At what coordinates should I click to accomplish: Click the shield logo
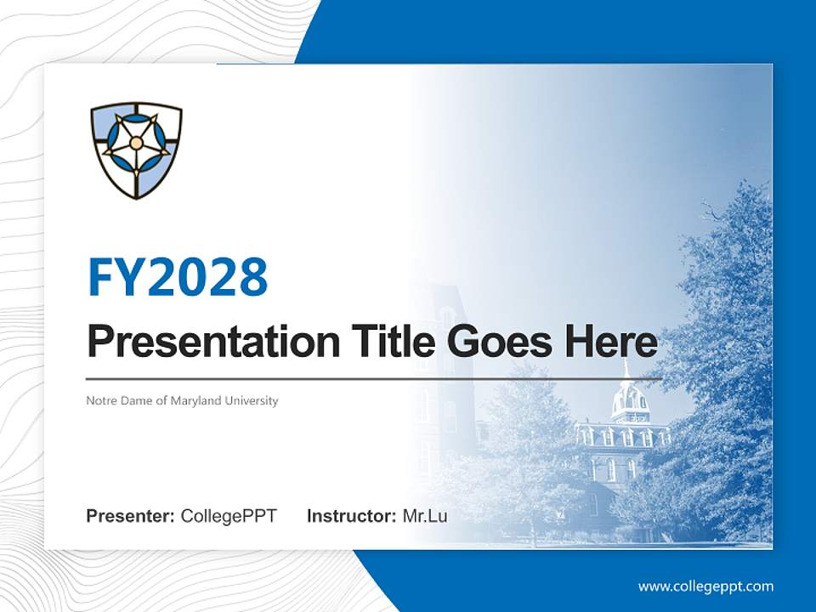[136, 151]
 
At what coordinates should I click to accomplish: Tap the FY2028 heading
[178, 277]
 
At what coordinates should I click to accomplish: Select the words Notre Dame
[118, 400]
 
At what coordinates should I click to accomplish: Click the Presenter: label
[131, 516]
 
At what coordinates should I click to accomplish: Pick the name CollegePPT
[229, 516]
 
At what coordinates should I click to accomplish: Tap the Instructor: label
[351, 516]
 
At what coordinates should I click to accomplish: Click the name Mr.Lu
[425, 516]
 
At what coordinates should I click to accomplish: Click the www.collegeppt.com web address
[705, 586]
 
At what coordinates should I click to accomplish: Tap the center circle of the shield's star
[136, 143]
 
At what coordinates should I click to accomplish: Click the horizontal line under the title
[374, 378]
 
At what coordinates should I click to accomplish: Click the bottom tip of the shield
[137, 198]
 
